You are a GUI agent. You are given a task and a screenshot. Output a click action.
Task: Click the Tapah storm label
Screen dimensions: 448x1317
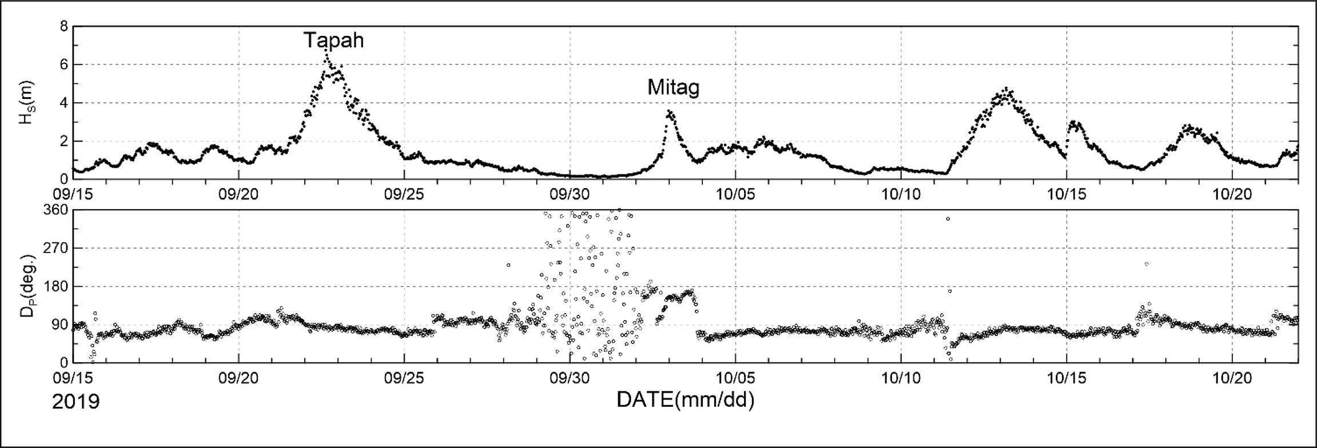click(333, 41)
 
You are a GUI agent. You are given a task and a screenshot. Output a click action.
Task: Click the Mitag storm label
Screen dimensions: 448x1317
click(673, 87)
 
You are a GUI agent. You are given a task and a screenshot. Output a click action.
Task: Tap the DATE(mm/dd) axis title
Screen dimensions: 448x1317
click(685, 400)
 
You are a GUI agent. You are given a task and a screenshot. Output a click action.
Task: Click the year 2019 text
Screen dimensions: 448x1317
click(75, 402)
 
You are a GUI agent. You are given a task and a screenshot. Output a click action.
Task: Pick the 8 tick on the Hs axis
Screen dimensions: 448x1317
click(63, 27)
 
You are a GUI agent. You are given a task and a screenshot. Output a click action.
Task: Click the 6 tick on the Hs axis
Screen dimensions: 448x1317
click(63, 65)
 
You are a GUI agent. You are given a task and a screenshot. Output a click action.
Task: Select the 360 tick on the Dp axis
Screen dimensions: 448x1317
click(56, 210)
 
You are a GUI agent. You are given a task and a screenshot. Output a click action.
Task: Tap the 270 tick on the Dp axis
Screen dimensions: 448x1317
click(56, 248)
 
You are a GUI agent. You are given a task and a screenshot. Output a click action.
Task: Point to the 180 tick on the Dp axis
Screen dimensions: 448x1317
click(56, 286)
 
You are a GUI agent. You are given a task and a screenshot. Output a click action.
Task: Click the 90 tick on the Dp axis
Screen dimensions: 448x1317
click(59, 325)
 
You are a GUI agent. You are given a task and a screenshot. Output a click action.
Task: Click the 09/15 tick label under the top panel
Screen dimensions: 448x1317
click(73, 194)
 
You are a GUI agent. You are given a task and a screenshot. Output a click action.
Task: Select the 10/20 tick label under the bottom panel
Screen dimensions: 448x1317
click(1232, 378)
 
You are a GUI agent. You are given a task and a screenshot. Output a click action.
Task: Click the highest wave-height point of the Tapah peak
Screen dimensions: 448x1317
click(325, 50)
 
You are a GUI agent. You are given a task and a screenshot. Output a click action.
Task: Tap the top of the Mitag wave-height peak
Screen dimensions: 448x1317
click(670, 111)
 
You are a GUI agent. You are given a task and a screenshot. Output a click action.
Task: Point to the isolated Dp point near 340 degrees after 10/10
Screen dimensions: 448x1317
click(948, 219)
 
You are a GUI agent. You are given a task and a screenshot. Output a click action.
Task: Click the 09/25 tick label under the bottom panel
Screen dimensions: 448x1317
click(404, 378)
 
